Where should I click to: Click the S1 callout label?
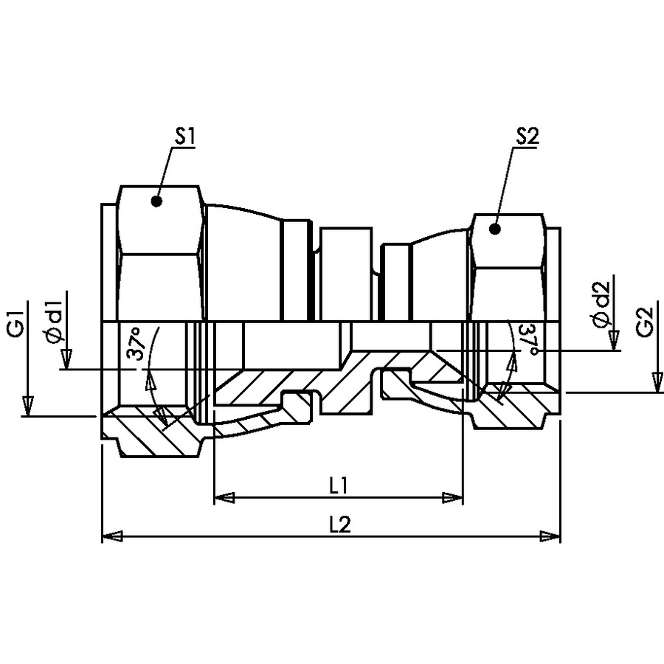tap(184, 136)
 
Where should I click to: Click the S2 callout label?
tap(528, 136)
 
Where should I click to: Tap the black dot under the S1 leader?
tap(156, 201)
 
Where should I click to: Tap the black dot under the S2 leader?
tap(494, 229)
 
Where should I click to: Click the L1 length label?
tap(339, 486)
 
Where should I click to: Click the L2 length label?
tap(340, 525)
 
